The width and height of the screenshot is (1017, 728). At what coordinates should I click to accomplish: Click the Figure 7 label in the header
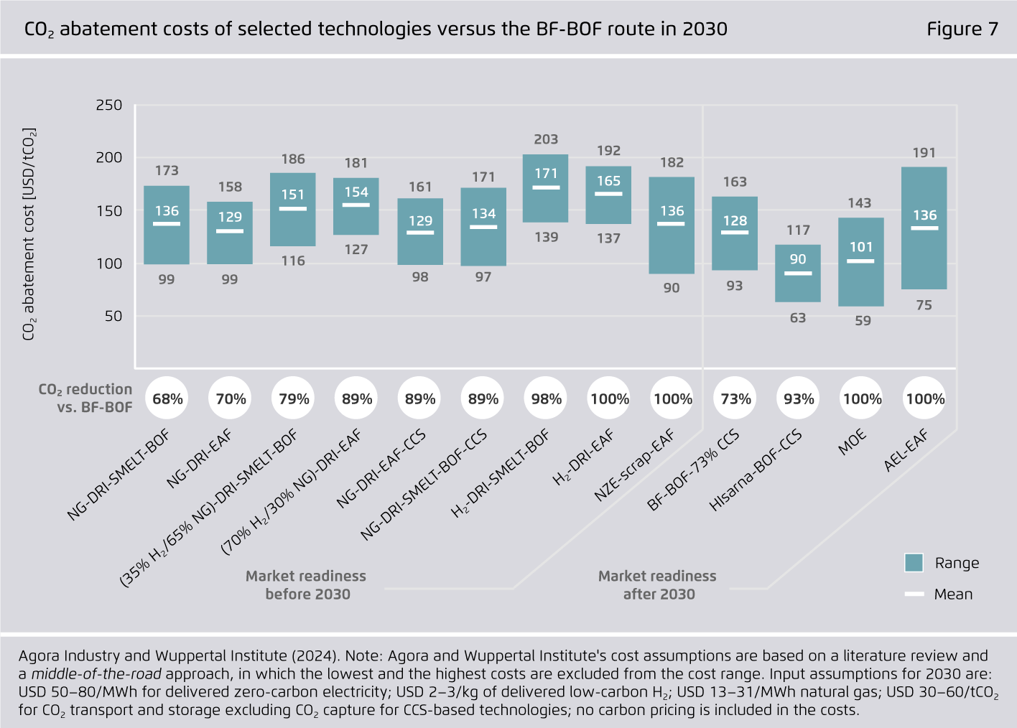pyautogui.click(x=962, y=29)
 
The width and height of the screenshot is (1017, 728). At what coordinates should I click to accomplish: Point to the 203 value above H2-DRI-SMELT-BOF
pyautogui.click(x=546, y=139)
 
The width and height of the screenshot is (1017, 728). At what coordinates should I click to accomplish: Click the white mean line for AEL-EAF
pyautogui.click(x=924, y=228)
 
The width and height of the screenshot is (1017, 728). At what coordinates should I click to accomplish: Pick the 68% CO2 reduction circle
pyautogui.click(x=167, y=398)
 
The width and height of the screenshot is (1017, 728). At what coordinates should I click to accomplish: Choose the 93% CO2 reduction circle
pyautogui.click(x=799, y=398)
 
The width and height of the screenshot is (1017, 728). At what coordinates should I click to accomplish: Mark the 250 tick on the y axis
pyautogui.click(x=109, y=105)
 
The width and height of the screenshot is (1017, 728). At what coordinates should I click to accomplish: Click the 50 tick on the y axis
pyautogui.click(x=113, y=316)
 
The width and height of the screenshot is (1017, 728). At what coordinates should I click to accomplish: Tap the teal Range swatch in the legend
pyautogui.click(x=914, y=563)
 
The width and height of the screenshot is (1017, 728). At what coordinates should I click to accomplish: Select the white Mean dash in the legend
pyautogui.click(x=914, y=594)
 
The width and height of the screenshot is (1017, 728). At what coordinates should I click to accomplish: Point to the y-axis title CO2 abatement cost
pyautogui.click(x=29, y=234)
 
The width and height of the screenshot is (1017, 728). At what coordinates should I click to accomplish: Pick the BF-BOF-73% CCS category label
pyautogui.click(x=692, y=471)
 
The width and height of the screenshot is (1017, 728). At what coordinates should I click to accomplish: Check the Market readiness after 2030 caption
pyautogui.click(x=658, y=584)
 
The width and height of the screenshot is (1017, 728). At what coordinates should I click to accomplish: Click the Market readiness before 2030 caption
pyautogui.click(x=307, y=584)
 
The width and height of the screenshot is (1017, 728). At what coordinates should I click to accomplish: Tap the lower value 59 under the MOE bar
pyautogui.click(x=863, y=321)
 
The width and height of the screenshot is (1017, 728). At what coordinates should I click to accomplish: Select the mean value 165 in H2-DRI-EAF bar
pyautogui.click(x=608, y=181)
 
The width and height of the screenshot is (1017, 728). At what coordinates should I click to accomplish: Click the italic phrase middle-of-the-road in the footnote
pyautogui.click(x=96, y=673)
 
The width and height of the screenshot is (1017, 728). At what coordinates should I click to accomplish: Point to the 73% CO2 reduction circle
pyautogui.click(x=735, y=398)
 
